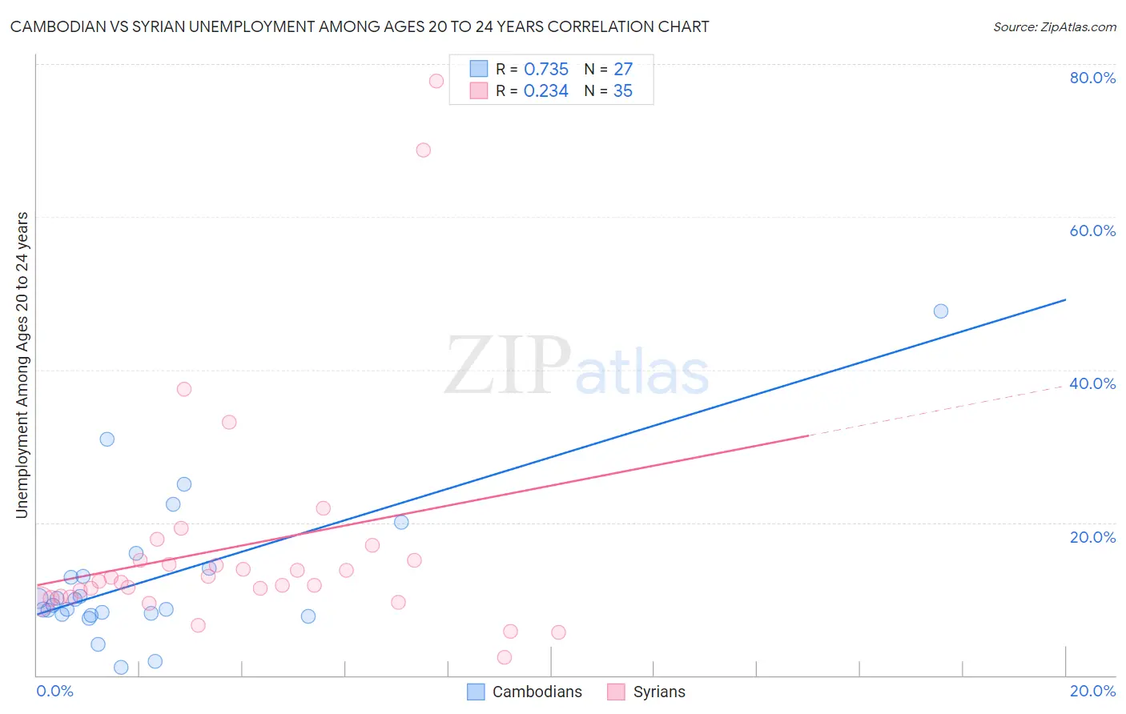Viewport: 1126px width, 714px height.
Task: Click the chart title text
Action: pos(360,26)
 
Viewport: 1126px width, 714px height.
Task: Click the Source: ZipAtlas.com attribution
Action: pos(1054,27)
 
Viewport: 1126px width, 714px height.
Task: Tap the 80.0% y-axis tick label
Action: pos(1092,78)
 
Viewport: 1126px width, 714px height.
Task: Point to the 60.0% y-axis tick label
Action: pos(1092,231)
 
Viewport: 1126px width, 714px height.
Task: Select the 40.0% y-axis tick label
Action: pos(1092,383)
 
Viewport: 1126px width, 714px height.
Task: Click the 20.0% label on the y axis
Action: pos(1092,537)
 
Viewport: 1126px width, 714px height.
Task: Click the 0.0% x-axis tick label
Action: pos(54,691)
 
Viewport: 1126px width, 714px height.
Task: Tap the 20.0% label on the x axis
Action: pos(1092,691)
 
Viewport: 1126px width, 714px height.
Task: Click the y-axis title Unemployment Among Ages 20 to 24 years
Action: pos(22,365)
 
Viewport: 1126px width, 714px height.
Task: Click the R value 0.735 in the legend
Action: pos(546,70)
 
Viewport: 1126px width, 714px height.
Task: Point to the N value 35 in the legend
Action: pos(622,91)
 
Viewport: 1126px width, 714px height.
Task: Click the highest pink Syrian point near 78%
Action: pos(436,81)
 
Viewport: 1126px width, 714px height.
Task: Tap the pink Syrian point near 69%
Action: pos(424,150)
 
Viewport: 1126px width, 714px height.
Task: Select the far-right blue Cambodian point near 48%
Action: pos(941,311)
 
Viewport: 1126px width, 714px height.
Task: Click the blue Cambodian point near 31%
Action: pos(107,439)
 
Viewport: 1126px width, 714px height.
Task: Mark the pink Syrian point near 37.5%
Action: pos(184,389)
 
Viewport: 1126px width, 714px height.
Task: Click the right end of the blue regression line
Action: pos(1065,299)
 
